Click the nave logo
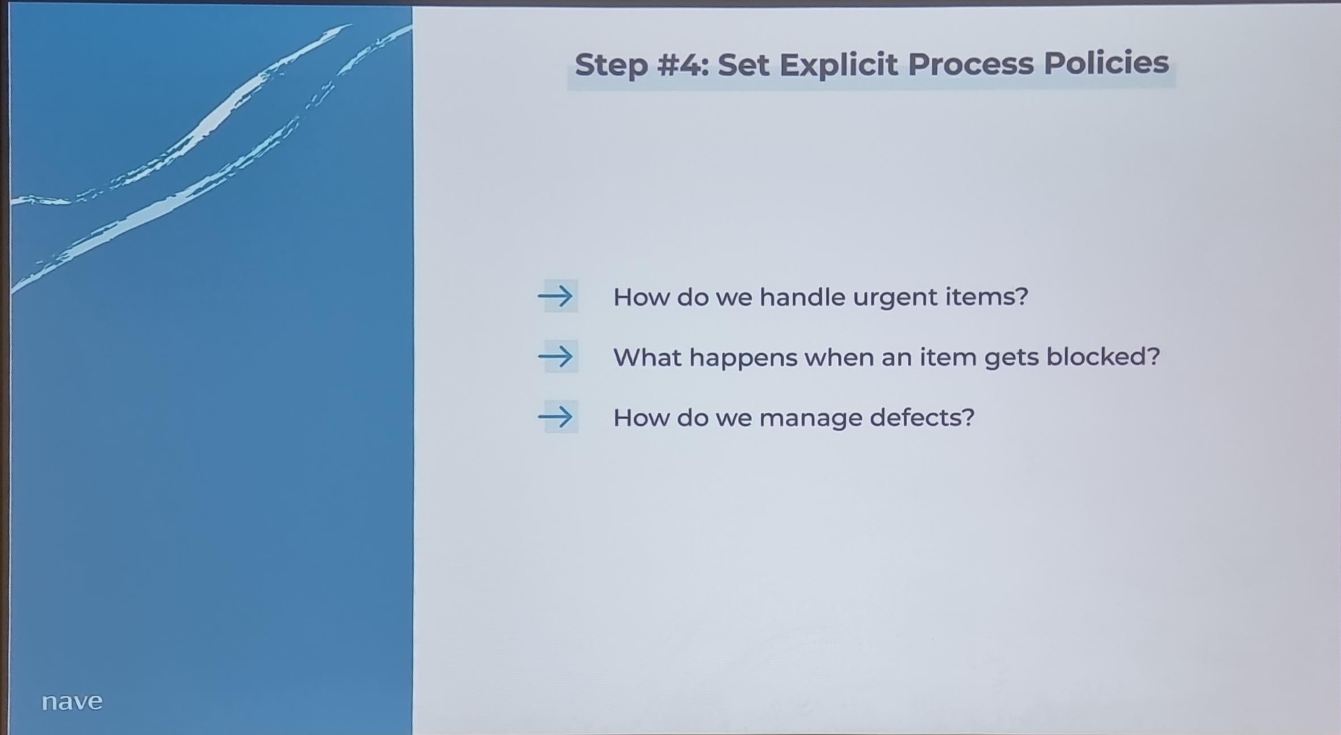coord(72,702)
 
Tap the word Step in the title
coord(611,65)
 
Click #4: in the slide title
coord(683,64)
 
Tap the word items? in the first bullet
coord(986,296)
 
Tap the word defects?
coord(922,417)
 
